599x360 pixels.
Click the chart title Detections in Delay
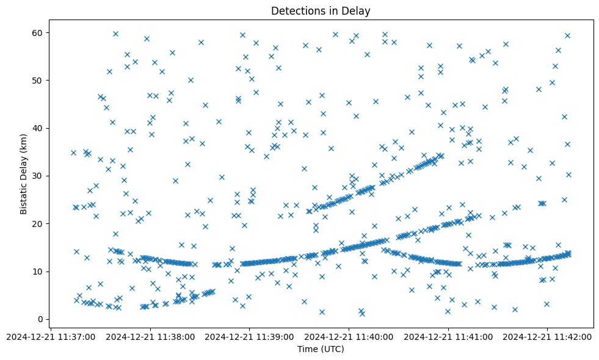tap(321, 11)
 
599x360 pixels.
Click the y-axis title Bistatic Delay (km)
tap(24, 173)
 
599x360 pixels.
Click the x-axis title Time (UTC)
tap(321, 349)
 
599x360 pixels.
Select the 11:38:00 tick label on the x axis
tap(151, 336)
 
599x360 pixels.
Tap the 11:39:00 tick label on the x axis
tap(250, 336)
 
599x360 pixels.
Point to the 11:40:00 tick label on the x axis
tap(349, 336)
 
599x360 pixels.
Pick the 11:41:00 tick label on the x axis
tap(449, 336)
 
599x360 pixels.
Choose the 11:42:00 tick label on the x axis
tap(548, 336)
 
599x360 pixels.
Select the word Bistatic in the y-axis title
tap(24, 193)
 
